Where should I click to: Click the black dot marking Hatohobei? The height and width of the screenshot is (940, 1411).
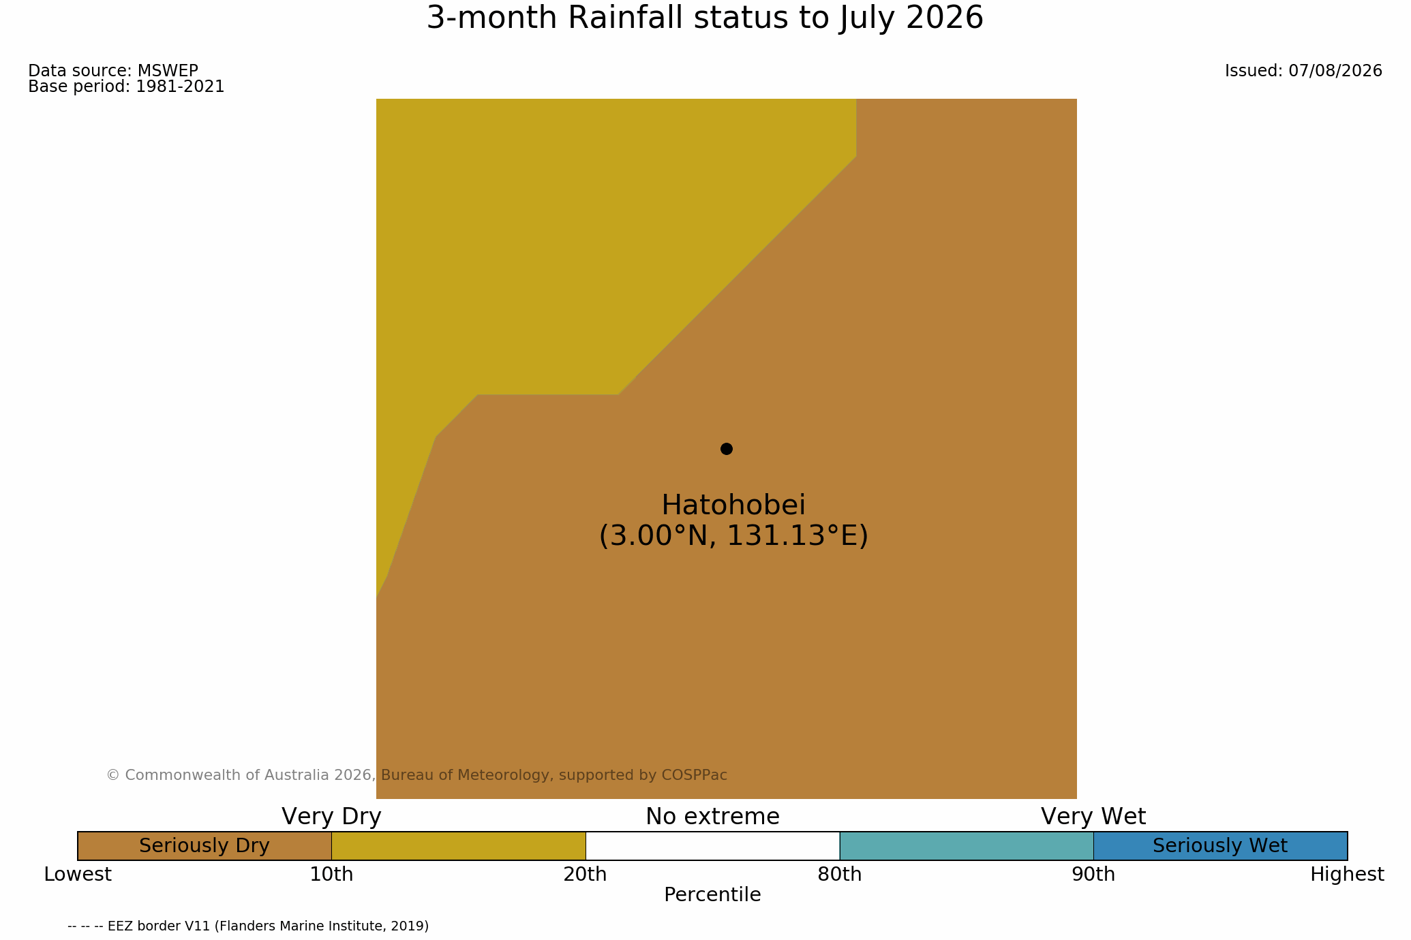(727, 449)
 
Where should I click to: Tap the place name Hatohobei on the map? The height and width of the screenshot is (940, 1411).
(733, 505)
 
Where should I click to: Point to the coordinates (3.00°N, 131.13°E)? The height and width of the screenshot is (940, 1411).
(733, 536)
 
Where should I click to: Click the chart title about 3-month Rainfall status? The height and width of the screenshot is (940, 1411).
(705, 18)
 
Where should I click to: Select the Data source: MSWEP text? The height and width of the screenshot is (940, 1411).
(113, 71)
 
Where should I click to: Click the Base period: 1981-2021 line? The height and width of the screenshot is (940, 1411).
(126, 87)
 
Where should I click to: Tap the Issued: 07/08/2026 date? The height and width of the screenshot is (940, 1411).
(1303, 71)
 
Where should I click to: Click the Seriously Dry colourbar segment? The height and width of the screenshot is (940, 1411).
(204, 846)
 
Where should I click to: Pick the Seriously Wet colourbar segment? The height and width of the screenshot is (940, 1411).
(1220, 846)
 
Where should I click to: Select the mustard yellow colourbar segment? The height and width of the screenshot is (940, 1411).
(459, 846)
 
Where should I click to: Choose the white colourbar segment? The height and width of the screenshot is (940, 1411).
(712, 846)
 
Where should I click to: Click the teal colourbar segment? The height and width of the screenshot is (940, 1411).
(967, 846)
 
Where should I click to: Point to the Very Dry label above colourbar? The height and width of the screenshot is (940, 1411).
(331, 817)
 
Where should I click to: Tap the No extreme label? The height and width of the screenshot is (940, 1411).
(712, 817)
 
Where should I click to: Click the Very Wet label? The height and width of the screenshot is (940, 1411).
(1093, 817)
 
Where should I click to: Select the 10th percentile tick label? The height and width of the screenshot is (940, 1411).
(331, 875)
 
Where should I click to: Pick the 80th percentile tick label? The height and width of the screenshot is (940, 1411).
(840, 875)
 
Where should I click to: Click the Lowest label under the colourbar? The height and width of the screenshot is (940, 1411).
(78, 875)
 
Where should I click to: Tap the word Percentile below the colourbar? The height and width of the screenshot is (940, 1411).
(712, 895)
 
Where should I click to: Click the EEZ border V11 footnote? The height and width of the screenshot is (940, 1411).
(248, 926)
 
